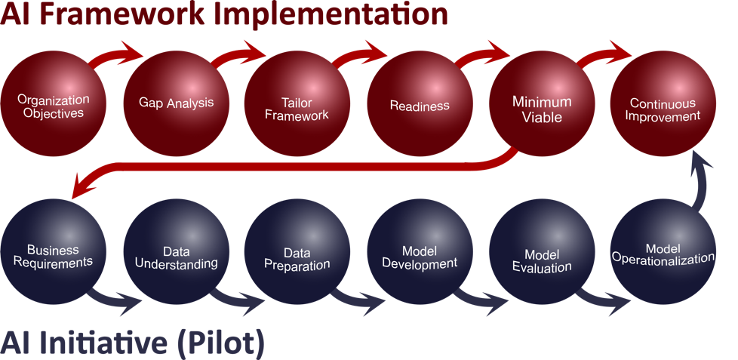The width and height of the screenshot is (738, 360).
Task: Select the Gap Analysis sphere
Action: coord(176,104)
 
